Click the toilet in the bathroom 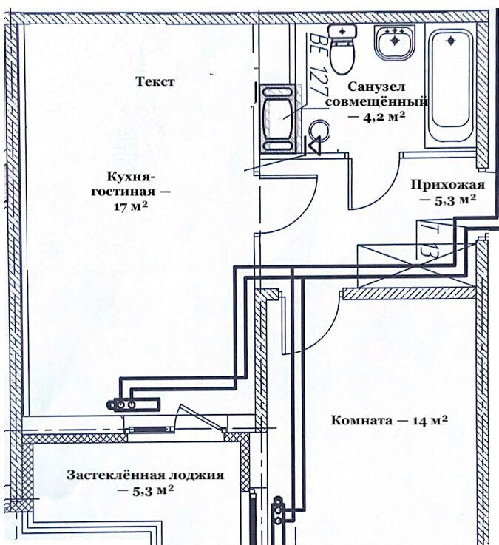342,50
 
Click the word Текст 155,82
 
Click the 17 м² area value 128,207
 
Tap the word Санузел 377,87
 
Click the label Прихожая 448,185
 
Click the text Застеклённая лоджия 144,475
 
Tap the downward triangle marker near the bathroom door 313,145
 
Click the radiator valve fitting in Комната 279,511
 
